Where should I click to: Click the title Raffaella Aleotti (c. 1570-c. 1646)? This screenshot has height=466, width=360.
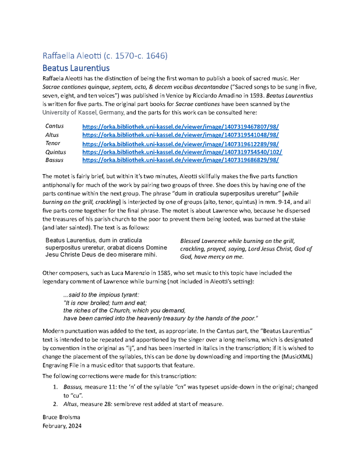(x=105, y=56)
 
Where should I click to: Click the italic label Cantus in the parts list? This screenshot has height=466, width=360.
(x=55, y=126)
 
